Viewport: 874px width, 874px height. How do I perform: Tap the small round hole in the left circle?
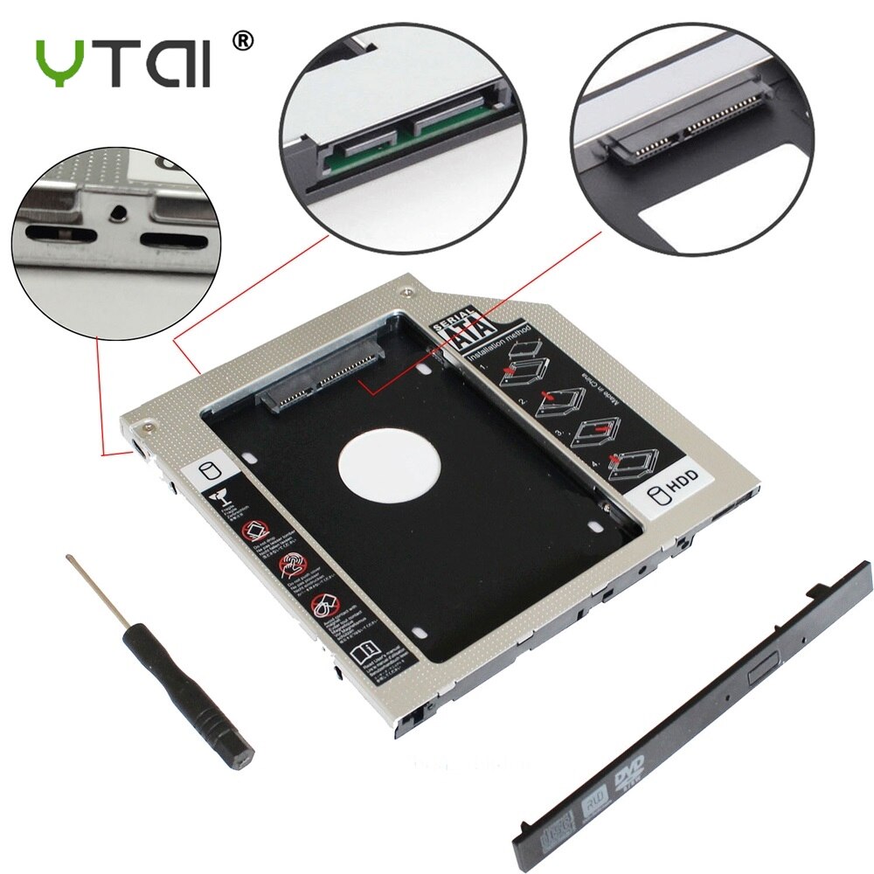pyautogui.click(x=116, y=212)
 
